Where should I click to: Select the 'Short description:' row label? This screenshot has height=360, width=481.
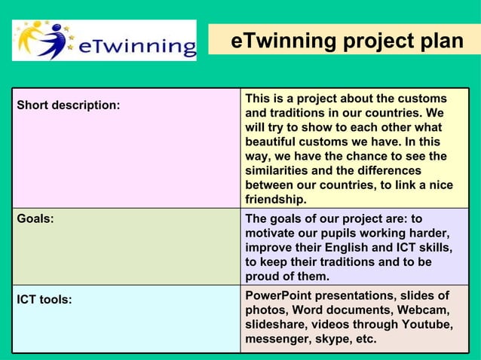click(69, 105)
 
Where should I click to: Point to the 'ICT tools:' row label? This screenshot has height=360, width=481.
click(44, 300)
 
